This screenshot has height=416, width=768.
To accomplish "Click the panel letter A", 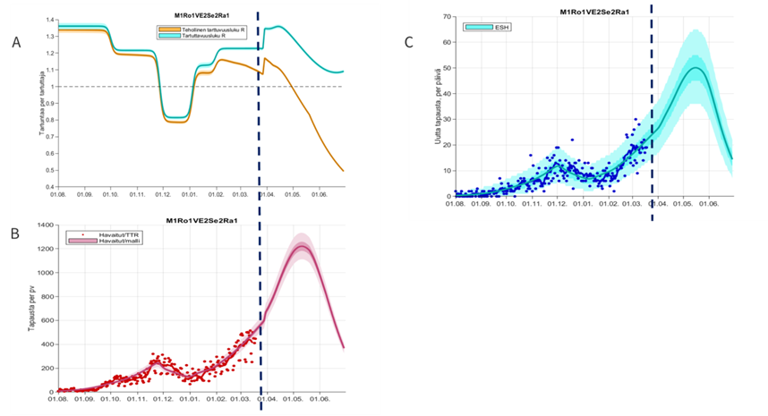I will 15,42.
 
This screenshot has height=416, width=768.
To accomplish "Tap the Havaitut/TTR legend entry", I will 100,235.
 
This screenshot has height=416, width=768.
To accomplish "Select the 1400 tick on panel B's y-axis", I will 44,224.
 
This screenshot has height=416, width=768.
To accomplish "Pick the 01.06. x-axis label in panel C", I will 710,204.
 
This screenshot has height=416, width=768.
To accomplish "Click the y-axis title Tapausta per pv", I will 30,310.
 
